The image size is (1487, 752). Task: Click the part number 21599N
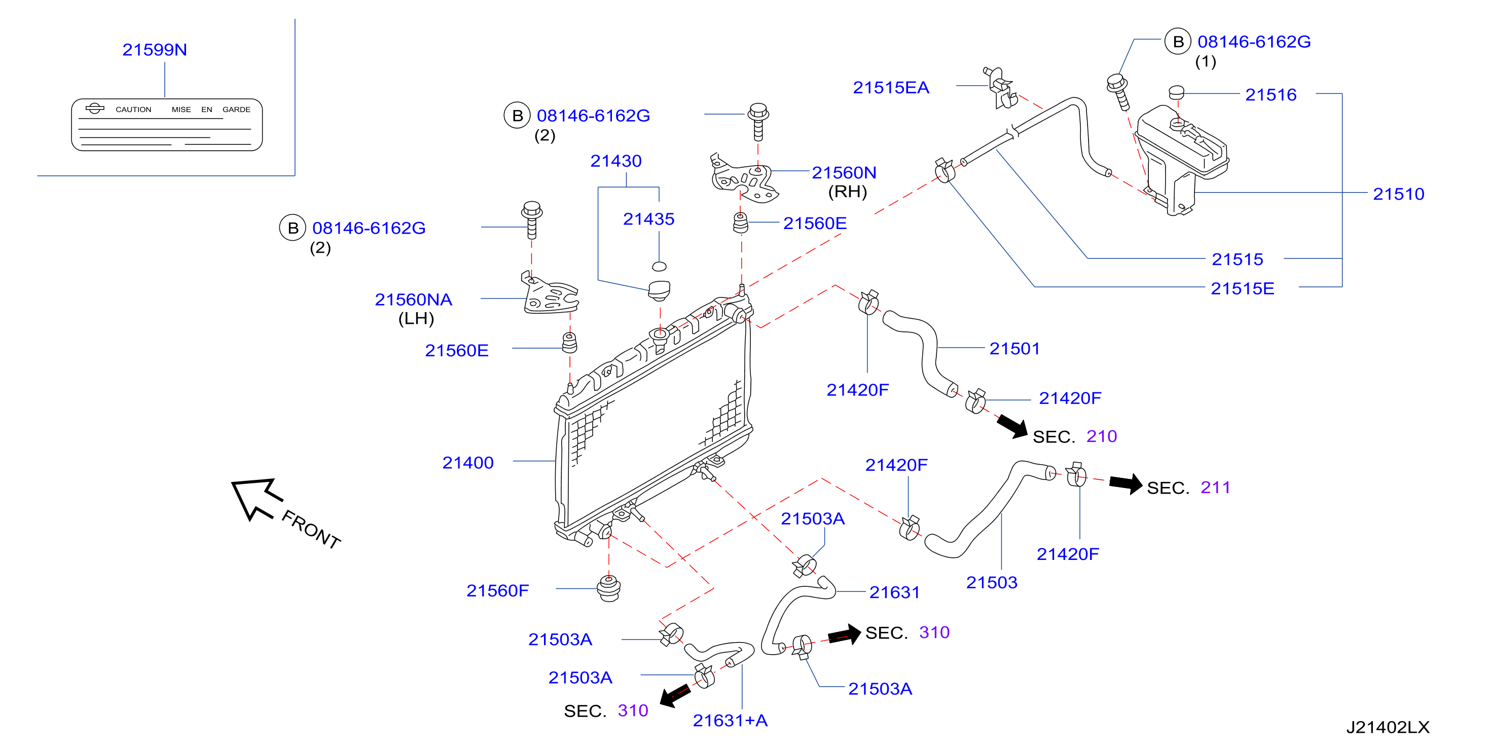155,50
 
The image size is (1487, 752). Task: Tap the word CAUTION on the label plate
133,109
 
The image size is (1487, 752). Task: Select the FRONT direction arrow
257,498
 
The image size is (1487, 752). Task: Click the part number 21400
467,462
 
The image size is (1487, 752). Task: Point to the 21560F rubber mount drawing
609,588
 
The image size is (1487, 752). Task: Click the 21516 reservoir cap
1176,92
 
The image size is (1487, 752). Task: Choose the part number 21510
1398,194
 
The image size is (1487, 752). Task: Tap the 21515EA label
891,88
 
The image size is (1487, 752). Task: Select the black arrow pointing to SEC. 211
1126,483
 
